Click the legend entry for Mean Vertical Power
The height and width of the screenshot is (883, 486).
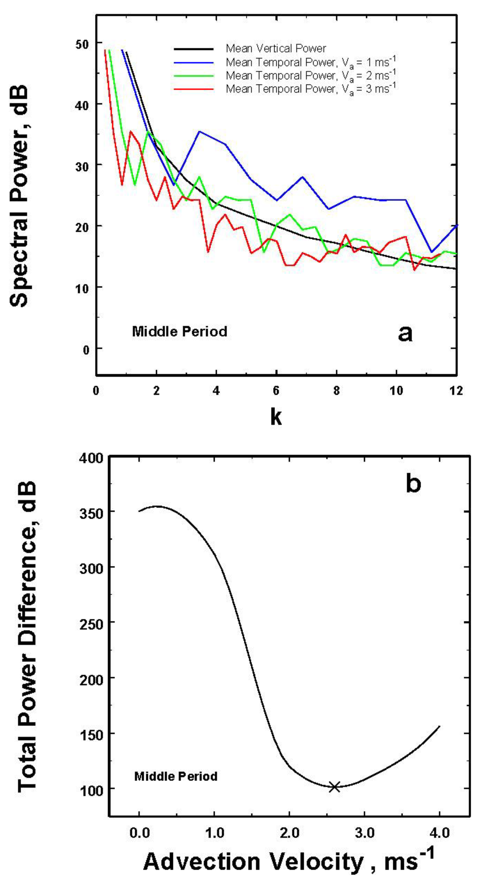coord(276,48)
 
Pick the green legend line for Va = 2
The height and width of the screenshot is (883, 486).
coord(194,76)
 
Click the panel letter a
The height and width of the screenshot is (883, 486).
coord(405,333)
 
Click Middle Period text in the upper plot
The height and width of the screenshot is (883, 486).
coord(179,331)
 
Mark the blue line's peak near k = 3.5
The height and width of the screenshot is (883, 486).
coord(199,131)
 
